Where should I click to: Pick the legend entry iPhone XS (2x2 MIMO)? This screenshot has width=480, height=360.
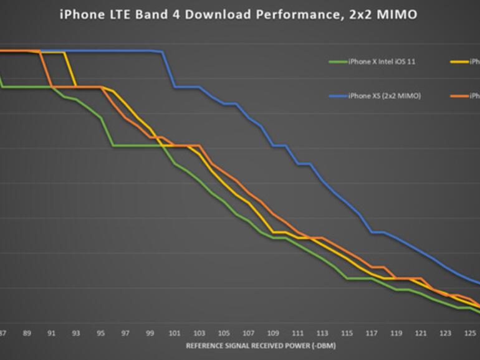(x=384, y=96)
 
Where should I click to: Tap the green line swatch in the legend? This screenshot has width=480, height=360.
(x=338, y=62)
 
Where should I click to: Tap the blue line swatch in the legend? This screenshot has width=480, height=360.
(x=338, y=96)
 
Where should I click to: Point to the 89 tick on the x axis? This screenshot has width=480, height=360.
(x=27, y=333)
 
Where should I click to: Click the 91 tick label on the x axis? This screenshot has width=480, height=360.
(x=51, y=333)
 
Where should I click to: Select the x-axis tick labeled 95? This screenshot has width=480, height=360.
(x=100, y=333)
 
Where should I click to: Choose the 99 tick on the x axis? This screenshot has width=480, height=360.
(x=150, y=333)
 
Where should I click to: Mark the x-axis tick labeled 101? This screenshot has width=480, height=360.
(x=175, y=333)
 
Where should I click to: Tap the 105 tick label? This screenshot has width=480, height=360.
(x=224, y=333)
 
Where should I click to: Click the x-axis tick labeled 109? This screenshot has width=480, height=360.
(x=273, y=333)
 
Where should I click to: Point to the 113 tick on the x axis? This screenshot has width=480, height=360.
(x=322, y=333)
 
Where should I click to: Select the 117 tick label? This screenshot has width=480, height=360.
(x=372, y=333)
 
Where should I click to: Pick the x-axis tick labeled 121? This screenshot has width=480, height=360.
(x=421, y=333)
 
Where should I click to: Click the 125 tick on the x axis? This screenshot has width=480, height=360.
(x=470, y=333)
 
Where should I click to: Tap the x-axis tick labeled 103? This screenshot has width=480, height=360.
(x=199, y=333)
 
